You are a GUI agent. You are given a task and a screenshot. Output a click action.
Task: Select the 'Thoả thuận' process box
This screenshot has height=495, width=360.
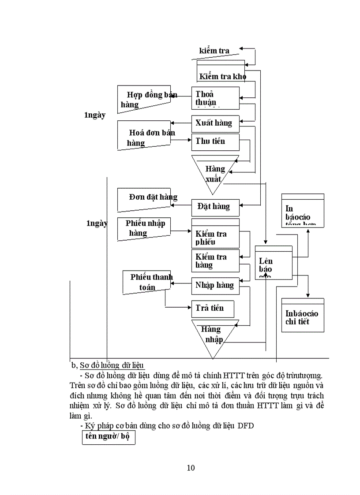(x=215, y=98)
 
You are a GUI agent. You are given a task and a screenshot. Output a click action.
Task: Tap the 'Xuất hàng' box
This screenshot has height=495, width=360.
(x=215, y=123)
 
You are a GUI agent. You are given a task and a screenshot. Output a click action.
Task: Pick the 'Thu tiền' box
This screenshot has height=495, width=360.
(x=215, y=141)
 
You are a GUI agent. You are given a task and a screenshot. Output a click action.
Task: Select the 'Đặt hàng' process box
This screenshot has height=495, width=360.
(x=215, y=207)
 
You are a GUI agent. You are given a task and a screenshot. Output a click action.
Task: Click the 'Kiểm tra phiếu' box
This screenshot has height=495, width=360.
(x=215, y=234)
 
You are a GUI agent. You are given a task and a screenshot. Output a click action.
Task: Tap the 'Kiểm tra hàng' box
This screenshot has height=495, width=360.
(x=215, y=261)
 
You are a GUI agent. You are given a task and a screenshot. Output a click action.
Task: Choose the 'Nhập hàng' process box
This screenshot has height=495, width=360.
(x=215, y=286)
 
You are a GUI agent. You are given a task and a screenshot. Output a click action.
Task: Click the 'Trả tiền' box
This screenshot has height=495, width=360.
(x=212, y=308)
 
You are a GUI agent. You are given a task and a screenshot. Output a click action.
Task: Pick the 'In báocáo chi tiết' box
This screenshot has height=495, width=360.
(x=303, y=316)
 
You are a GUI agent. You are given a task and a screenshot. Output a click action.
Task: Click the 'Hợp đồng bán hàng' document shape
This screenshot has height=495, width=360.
(x=144, y=99)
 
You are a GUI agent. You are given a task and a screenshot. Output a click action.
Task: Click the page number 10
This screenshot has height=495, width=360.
(x=191, y=468)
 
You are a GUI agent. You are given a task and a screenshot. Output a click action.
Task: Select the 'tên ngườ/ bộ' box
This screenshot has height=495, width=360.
(x=109, y=438)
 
